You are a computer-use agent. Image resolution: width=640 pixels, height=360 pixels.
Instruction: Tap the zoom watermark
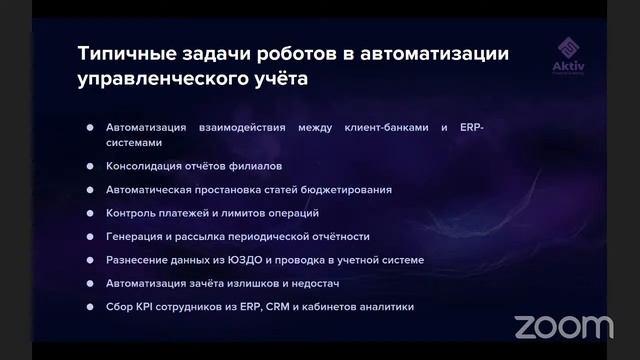564,326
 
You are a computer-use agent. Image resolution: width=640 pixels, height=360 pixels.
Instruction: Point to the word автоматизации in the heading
438,54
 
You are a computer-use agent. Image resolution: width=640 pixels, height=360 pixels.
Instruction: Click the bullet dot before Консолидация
90,165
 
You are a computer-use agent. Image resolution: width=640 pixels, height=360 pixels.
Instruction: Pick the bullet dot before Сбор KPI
90,308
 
